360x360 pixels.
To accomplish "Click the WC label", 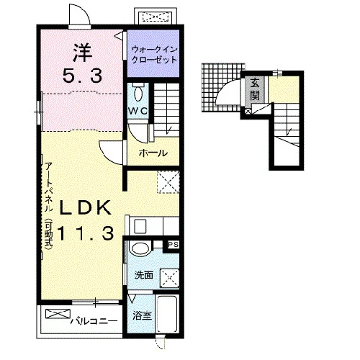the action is (138, 111).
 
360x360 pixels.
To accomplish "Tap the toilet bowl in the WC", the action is (139, 93).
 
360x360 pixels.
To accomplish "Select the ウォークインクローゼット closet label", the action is (153, 55).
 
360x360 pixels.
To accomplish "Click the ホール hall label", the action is (153, 153).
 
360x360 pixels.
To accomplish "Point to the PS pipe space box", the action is (173, 245).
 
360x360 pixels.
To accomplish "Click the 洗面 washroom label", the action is (144, 275).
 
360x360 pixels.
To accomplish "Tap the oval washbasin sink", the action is (140, 248).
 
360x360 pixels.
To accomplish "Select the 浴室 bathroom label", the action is (143, 315).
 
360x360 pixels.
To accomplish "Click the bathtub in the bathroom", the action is (167, 313).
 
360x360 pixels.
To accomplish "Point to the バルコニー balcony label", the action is (94, 321).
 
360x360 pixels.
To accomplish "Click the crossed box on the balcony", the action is (58, 314).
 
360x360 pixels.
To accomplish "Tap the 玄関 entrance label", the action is (255, 89).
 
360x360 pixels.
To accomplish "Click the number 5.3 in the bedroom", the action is (82, 76).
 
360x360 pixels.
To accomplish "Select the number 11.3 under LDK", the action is (85, 234).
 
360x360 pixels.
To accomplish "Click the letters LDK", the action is (85, 207).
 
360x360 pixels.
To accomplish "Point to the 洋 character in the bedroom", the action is (83, 53).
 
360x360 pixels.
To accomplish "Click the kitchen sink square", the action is (140, 227).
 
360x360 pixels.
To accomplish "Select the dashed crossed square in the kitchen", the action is (168, 182).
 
